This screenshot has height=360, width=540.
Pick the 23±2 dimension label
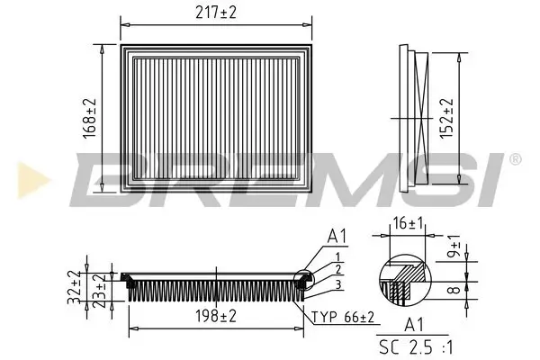pyautogui.click(x=100, y=285)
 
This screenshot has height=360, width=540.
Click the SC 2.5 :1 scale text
pyautogui.click(x=415, y=345)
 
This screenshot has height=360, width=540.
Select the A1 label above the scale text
pyautogui.click(x=415, y=327)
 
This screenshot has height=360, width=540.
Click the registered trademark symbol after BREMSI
pyautogui.click(x=514, y=159)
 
